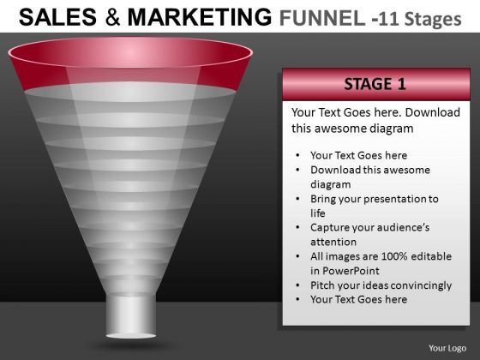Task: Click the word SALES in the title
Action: [x=57, y=17]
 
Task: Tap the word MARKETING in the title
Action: [x=200, y=17]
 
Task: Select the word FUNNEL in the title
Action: [x=322, y=18]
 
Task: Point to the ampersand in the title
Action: [x=112, y=17]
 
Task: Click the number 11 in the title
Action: [x=389, y=19]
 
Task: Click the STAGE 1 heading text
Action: [x=375, y=84]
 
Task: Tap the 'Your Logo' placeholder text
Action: [x=447, y=348]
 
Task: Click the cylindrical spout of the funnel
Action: [x=131, y=316]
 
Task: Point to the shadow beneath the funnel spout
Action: [x=131, y=345]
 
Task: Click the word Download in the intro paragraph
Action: [x=433, y=112]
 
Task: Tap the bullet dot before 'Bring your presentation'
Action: [x=298, y=199]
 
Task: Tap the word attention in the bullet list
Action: [x=333, y=242]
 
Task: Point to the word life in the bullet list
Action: [x=318, y=213]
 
